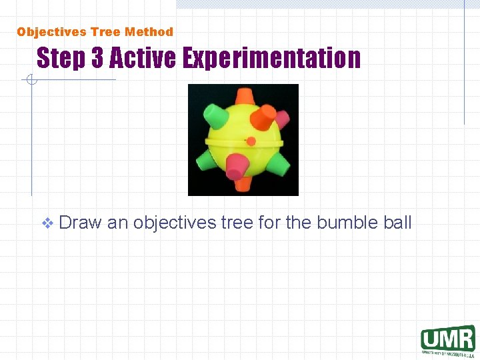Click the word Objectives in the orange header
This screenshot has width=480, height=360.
53,32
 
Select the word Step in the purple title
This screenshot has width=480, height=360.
61,59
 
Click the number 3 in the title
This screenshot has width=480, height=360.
97,59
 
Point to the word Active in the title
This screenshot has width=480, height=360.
142,59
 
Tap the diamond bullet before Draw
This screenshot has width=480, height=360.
47,223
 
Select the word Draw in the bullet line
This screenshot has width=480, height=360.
81,222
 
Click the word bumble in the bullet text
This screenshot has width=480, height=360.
347,222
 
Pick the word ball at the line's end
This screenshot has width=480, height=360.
398,222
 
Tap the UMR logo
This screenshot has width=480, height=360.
447,339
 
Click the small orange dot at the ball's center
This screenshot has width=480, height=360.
251,141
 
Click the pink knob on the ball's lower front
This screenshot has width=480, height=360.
236,167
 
